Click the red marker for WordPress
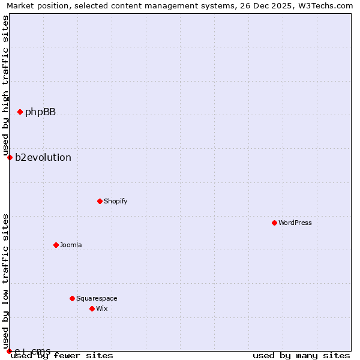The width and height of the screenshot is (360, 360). (x=274, y=223)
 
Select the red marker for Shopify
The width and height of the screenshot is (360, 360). (x=100, y=201)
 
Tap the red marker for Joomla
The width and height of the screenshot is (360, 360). (x=56, y=245)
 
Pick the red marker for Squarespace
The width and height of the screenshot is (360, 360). (x=72, y=298)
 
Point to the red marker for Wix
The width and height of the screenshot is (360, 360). (x=92, y=308)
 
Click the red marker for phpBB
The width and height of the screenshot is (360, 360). (x=20, y=112)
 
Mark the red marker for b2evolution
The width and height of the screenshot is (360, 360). (x=10, y=157)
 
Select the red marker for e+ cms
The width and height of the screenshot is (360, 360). (x=10, y=351)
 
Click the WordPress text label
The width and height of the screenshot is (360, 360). (x=295, y=223)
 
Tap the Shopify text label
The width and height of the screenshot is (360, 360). (x=116, y=201)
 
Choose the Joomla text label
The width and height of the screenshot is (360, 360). (x=71, y=245)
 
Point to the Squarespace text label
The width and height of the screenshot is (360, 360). (x=97, y=298)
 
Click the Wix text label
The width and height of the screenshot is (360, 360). (x=102, y=308)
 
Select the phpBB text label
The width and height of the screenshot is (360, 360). (x=40, y=112)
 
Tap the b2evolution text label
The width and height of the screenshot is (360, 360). (x=43, y=157)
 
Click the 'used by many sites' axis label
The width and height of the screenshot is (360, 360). (x=301, y=355)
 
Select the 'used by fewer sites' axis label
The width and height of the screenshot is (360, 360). (x=62, y=355)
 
